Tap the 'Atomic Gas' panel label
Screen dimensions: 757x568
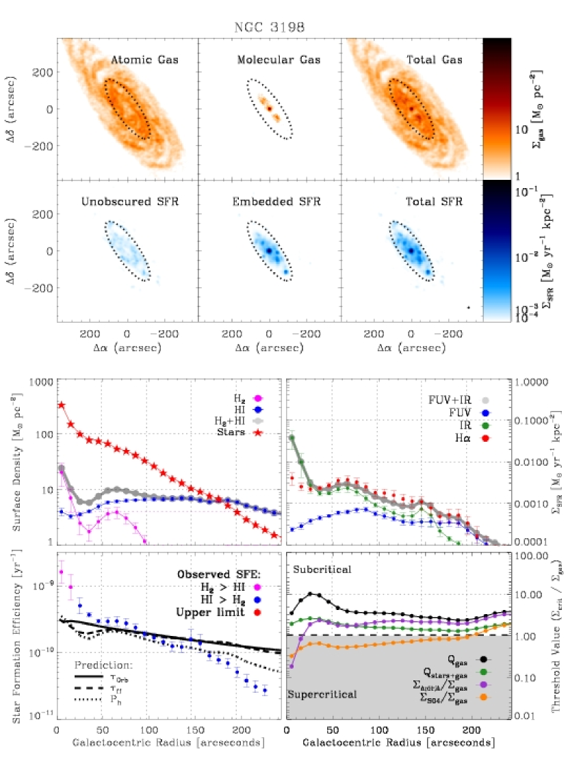pos(145,60)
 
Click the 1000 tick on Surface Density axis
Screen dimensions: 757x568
pos(42,382)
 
